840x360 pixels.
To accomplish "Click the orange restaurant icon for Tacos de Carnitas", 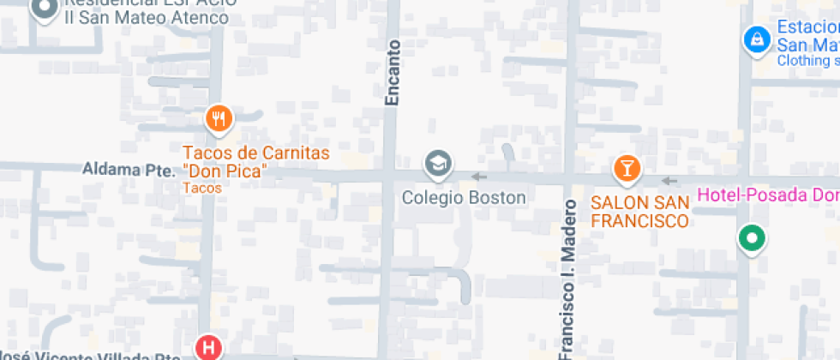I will (x=219, y=119).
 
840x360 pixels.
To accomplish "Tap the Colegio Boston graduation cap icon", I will (x=438, y=163).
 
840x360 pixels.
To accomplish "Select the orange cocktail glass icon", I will (x=627, y=168).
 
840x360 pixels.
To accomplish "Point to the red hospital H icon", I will (x=208, y=348).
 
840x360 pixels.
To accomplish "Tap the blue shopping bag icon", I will (x=755, y=39).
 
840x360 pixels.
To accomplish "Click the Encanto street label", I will (x=393, y=73).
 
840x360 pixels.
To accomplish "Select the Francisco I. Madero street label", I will (x=567, y=279).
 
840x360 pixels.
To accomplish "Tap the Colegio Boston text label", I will (x=464, y=198).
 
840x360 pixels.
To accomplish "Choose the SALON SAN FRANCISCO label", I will (x=639, y=212).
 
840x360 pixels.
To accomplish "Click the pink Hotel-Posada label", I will (x=767, y=195).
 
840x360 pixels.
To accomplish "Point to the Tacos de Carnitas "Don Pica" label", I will (x=256, y=162).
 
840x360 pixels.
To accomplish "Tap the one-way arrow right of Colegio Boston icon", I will (x=478, y=177).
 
